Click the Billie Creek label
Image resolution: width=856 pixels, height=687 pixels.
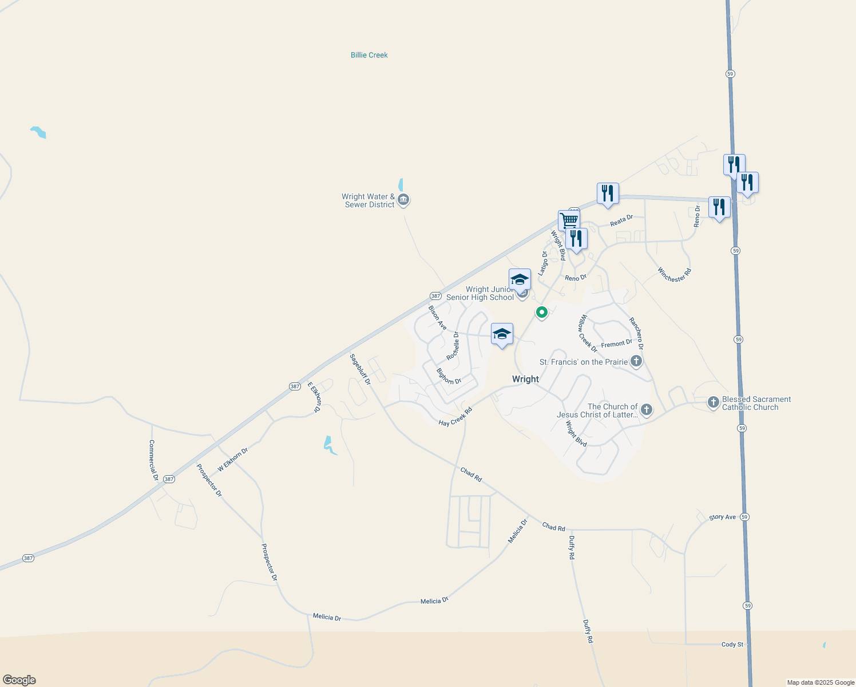(x=369, y=55)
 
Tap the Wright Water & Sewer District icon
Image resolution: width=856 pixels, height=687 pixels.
(x=403, y=200)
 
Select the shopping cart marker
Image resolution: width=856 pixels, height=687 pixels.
(x=569, y=220)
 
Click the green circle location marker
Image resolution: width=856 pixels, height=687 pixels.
(x=541, y=312)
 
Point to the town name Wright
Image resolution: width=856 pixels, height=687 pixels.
(x=525, y=379)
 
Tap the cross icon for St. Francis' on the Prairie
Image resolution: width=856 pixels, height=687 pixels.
(x=636, y=361)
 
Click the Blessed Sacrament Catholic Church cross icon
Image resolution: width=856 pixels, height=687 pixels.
(x=713, y=402)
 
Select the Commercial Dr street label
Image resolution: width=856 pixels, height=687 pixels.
(x=153, y=460)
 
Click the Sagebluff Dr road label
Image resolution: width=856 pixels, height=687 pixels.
(x=360, y=369)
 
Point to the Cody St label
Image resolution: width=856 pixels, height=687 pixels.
(x=732, y=645)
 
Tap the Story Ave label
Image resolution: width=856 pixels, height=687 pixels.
(x=722, y=517)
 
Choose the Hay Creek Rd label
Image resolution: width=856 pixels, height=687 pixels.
(x=455, y=417)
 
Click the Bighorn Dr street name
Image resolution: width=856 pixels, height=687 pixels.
(x=449, y=376)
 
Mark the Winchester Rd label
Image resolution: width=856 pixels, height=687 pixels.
(x=674, y=275)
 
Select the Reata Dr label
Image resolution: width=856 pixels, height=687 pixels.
(x=621, y=220)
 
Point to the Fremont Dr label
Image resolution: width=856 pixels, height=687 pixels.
(x=616, y=343)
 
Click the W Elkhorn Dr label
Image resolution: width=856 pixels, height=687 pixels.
(x=232, y=460)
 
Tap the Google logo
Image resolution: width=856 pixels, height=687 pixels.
(x=19, y=680)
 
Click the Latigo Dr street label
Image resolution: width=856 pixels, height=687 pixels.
(x=543, y=263)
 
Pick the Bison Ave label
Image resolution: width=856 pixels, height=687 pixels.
(x=438, y=317)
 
